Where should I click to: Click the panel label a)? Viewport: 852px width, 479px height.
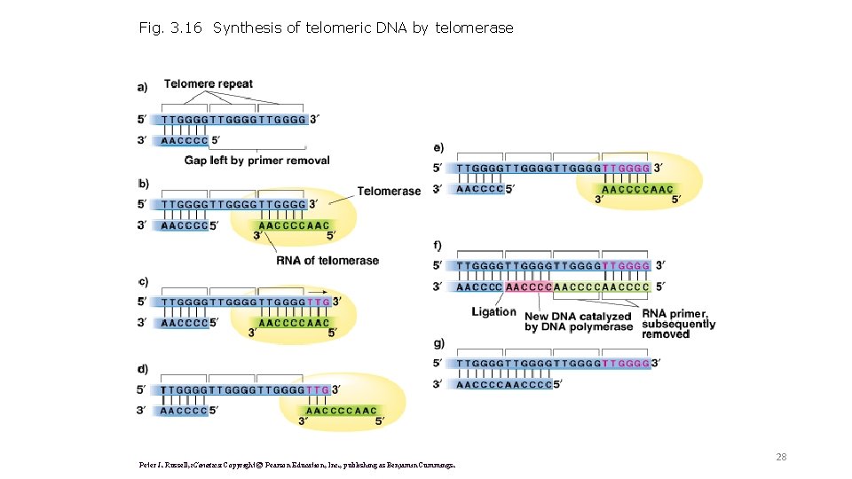pyautogui.click(x=143, y=86)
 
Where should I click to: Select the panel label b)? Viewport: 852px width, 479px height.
pyautogui.click(x=143, y=184)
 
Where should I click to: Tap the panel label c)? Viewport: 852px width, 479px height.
pyautogui.click(x=143, y=281)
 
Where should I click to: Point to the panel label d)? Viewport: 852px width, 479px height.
pyautogui.click(x=143, y=368)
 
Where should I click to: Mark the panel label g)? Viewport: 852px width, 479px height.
pyautogui.click(x=438, y=343)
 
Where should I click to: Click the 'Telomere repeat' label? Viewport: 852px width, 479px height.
pyautogui.click(x=208, y=84)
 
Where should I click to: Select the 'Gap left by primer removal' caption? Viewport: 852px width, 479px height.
pyautogui.click(x=256, y=161)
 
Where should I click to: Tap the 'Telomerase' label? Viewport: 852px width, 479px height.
pyautogui.click(x=389, y=191)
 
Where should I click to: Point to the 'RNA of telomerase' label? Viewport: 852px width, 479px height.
pyautogui.click(x=327, y=260)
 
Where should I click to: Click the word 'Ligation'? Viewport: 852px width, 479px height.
pyautogui.click(x=493, y=311)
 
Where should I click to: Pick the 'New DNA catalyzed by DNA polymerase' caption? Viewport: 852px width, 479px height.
pyautogui.click(x=578, y=322)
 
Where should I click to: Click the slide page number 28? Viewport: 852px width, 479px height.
pyautogui.click(x=781, y=457)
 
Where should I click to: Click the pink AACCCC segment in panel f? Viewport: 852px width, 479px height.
pyautogui.click(x=529, y=287)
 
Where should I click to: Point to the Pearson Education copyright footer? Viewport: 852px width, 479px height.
pyautogui.click(x=297, y=464)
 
